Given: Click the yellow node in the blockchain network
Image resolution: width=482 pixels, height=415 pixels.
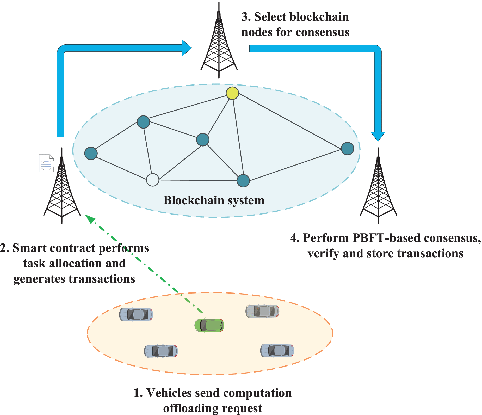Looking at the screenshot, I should (232, 93).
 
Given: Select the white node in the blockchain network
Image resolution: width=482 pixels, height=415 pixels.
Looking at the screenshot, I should (153, 180).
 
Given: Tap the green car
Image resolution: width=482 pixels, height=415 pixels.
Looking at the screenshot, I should (209, 325).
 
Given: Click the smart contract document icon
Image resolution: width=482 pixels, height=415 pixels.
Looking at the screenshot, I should (46, 163).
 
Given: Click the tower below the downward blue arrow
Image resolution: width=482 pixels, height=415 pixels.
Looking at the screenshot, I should (378, 188).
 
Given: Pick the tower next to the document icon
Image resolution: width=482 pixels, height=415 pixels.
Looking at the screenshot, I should (62, 188).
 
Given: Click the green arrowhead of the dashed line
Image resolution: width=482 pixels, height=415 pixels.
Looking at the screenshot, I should (90, 219).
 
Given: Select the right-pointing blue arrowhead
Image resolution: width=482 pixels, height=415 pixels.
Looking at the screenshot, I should (187, 48).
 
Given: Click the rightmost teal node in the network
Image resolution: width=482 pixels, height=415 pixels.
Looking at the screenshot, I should (347, 149).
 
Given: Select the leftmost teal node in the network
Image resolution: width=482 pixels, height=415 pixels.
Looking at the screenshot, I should (91, 153).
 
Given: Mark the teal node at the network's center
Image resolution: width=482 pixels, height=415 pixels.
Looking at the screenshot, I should (203, 140).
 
